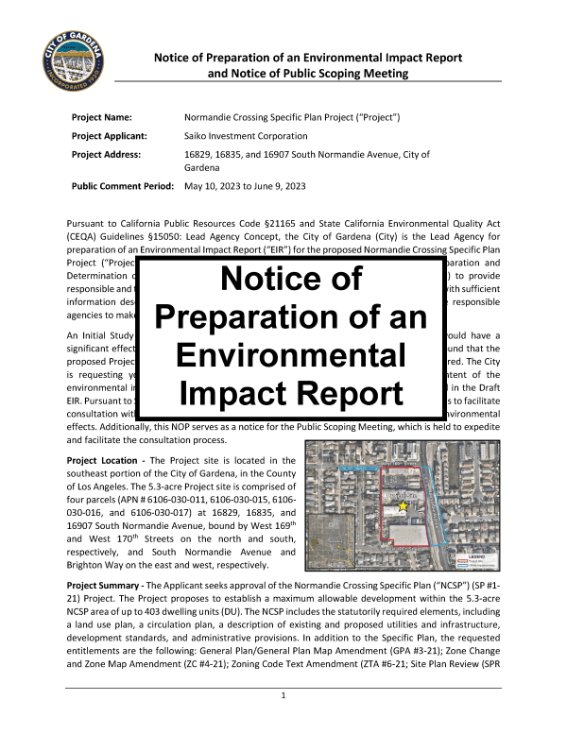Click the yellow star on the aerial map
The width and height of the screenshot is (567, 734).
coord(404,507)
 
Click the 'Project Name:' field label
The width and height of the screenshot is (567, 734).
coord(103,116)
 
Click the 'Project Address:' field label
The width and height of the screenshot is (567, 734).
coord(107,153)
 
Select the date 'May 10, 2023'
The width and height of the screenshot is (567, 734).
coord(215,187)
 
